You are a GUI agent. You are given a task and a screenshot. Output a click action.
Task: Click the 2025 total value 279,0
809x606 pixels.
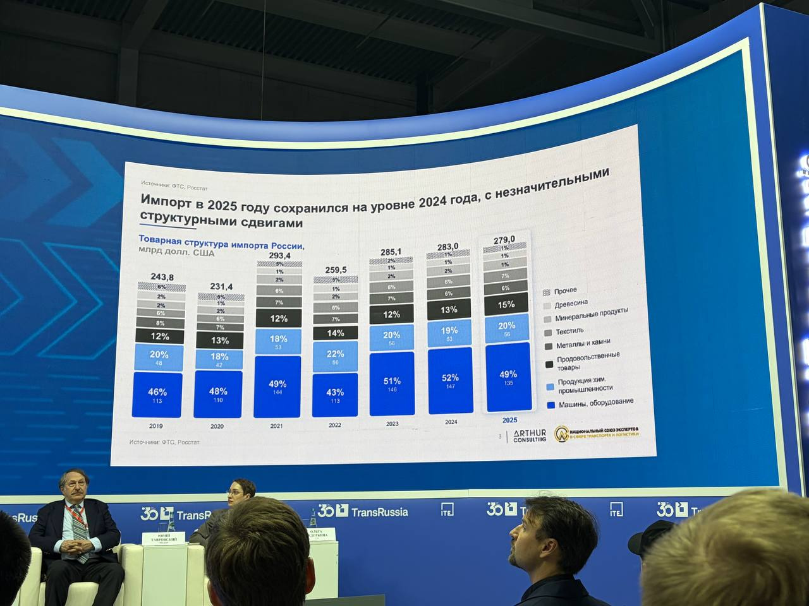504,239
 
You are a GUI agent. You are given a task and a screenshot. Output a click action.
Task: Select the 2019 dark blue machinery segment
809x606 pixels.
157,395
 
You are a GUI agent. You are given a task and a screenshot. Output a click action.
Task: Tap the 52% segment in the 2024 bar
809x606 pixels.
449,380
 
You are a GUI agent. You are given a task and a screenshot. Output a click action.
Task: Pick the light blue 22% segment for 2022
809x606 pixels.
335,357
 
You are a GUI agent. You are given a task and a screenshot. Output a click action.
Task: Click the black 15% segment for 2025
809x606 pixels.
506,304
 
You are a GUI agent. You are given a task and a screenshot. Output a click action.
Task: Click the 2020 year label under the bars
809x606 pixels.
217,427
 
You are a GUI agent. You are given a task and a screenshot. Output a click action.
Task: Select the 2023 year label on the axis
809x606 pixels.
392,424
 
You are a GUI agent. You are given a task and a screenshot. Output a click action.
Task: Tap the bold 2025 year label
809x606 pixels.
509,420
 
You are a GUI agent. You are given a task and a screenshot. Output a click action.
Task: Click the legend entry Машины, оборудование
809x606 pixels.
594,403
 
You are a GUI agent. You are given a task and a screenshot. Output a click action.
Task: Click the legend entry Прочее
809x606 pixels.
565,290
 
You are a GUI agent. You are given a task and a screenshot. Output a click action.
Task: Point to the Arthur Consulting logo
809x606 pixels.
530,435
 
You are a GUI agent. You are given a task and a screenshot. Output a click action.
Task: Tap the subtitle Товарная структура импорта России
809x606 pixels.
221,243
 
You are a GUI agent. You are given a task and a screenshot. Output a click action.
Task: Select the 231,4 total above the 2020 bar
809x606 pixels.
217,287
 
